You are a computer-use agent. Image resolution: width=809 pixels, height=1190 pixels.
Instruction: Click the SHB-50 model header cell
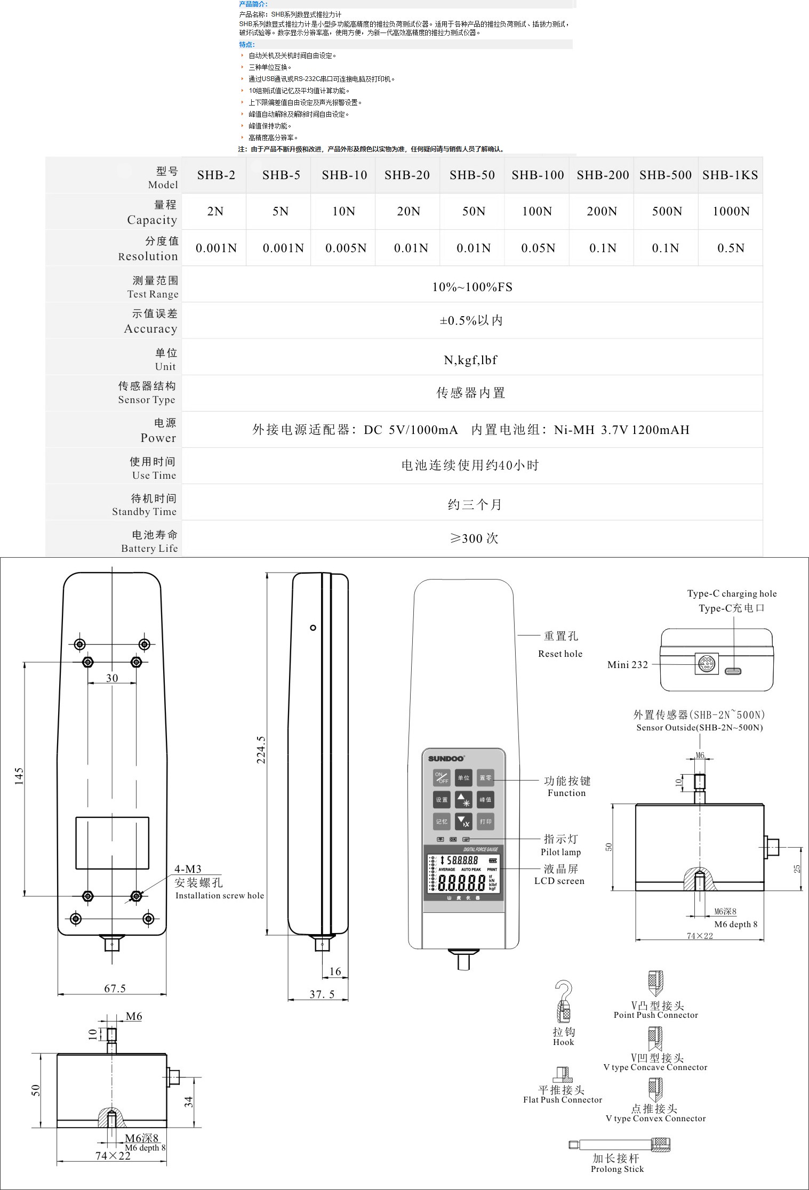[472, 175]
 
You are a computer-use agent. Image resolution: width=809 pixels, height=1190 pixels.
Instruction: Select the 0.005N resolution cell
[346, 248]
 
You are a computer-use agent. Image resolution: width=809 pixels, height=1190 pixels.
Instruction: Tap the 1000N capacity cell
[731, 212]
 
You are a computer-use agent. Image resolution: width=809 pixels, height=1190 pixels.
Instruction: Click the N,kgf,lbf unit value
[470, 360]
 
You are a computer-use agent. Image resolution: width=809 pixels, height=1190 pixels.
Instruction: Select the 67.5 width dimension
[115, 988]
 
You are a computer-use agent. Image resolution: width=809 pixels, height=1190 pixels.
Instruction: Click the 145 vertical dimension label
[19, 776]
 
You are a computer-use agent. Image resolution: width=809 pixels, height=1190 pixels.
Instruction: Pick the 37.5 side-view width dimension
[322, 994]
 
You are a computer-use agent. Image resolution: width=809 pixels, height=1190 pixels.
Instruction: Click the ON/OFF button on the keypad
[442, 778]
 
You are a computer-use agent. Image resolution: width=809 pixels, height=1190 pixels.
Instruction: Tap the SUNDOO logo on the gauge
[447, 758]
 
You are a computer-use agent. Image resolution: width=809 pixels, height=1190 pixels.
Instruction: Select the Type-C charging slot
[733, 671]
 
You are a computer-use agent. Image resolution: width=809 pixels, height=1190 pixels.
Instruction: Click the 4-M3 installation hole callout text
[188, 869]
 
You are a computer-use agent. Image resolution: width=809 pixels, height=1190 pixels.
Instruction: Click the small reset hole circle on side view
[313, 628]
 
